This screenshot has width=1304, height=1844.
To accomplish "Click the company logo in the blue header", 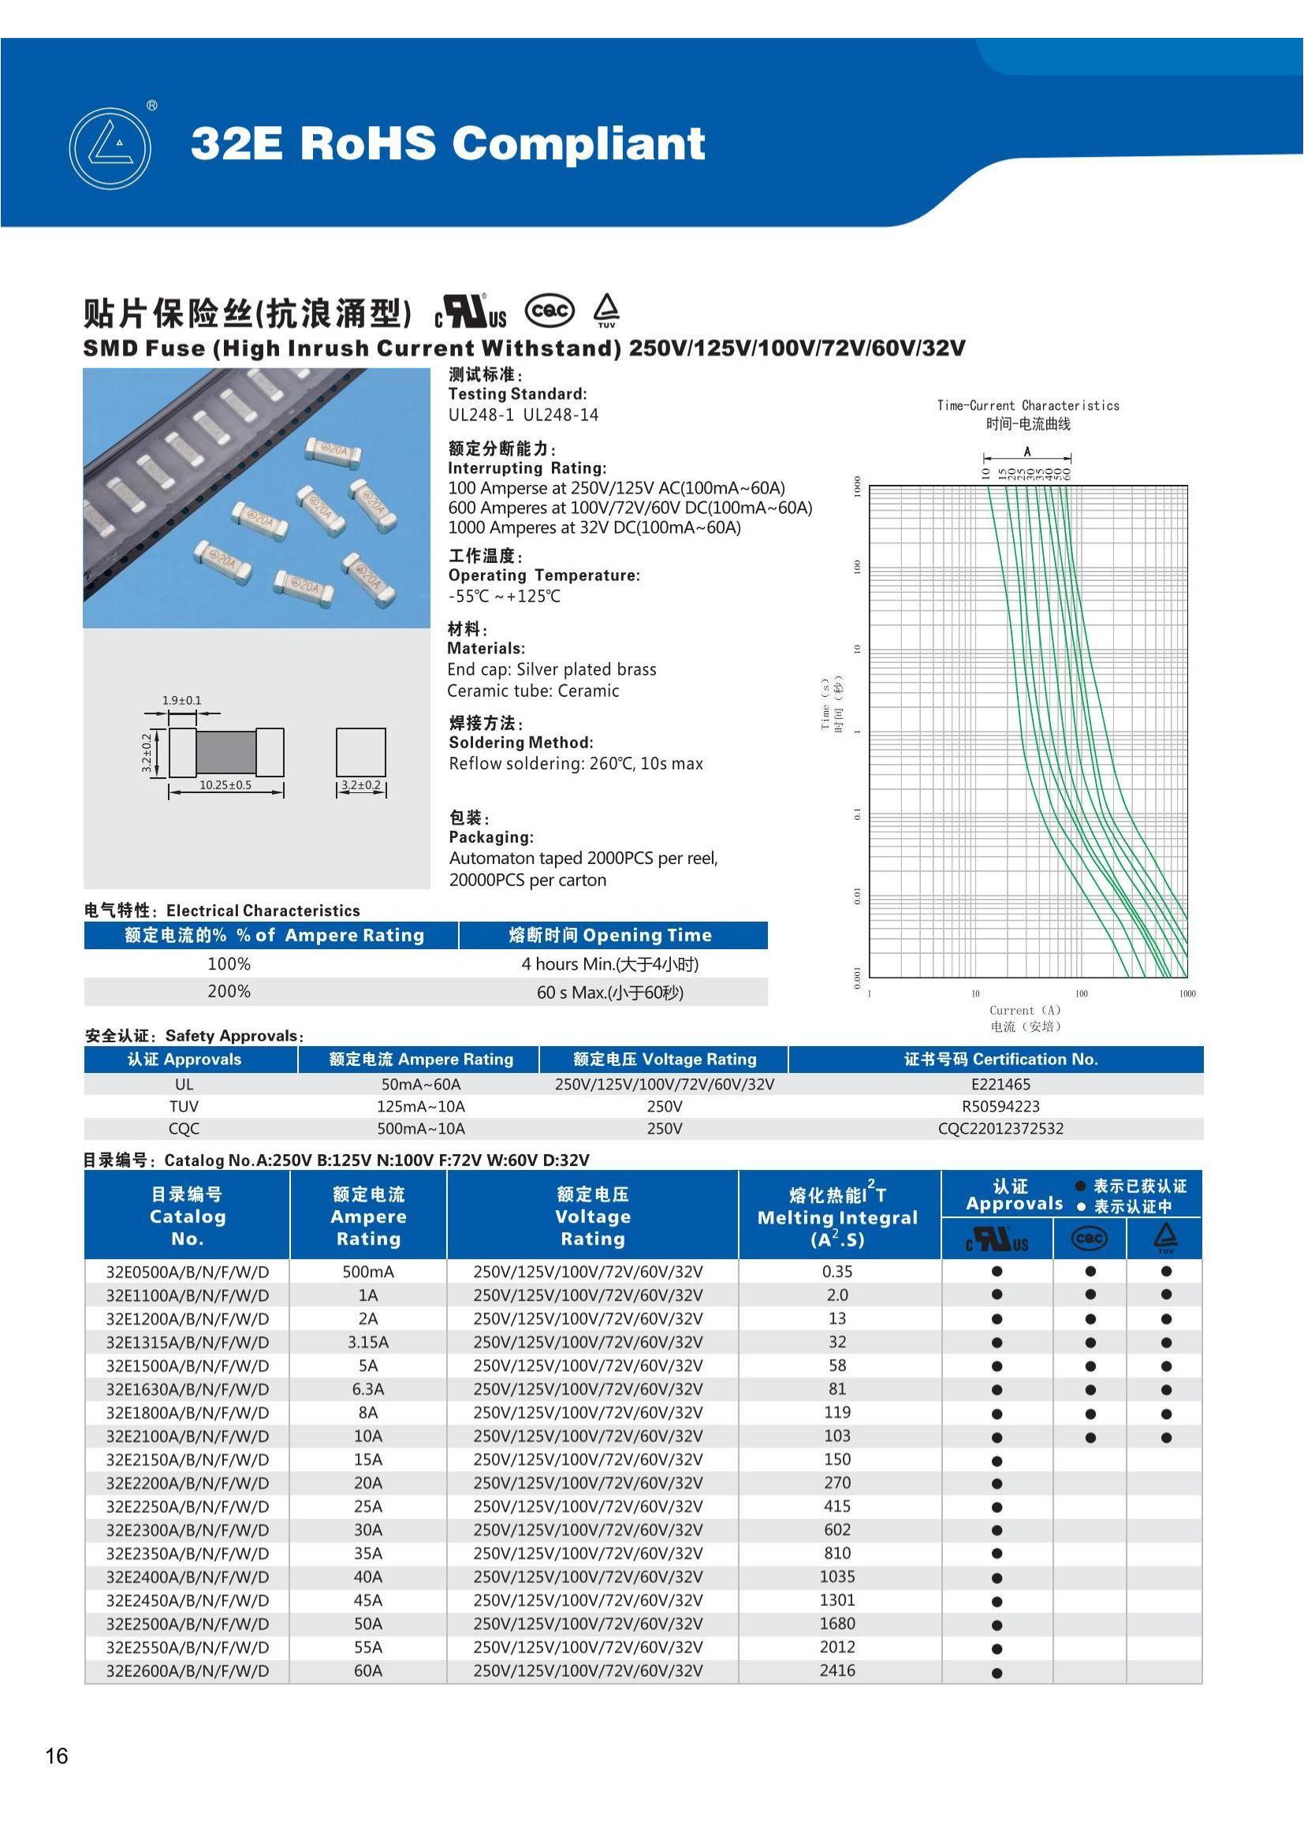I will click(110, 148).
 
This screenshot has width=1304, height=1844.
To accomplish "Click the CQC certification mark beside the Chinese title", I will click(550, 311).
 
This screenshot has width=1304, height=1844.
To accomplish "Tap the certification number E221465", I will click(1000, 1083).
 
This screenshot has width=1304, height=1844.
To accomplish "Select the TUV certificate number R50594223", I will click(1000, 1106).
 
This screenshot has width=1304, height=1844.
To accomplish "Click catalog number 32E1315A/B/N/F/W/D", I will click(187, 1342).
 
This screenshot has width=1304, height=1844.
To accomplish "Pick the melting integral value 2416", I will click(836, 1670).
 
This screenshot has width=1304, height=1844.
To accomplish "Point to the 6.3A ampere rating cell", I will click(367, 1388).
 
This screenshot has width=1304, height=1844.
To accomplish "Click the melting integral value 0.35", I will click(836, 1272).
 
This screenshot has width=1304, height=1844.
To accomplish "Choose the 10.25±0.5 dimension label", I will click(225, 784).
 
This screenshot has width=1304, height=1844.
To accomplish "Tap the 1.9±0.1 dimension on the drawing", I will click(182, 700).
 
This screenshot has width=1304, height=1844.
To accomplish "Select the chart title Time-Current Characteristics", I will click(1028, 405).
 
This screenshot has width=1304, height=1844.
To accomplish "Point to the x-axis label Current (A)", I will click(1026, 1011).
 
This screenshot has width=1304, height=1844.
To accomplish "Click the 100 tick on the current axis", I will click(1082, 994).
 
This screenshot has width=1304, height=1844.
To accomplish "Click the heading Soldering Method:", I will click(520, 742).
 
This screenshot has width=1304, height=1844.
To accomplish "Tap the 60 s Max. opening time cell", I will click(610, 992).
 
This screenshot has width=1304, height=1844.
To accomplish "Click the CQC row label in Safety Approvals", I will click(184, 1128).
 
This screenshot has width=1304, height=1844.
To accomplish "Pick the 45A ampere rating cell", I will click(367, 1600).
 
